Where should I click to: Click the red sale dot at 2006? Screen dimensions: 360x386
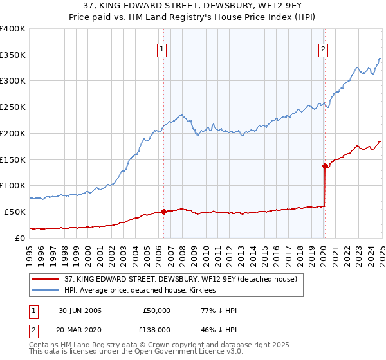click(163, 212)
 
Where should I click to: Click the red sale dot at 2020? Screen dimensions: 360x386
click(325, 165)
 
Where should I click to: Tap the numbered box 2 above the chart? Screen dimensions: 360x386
click(322, 48)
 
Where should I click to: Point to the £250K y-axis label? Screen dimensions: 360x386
click(13, 107)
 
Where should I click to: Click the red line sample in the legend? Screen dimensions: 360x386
click(46, 279)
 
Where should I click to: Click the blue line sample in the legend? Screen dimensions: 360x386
click(46, 291)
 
